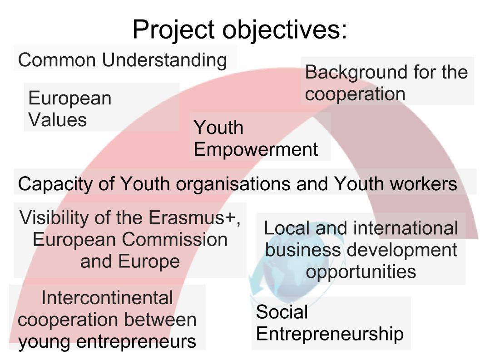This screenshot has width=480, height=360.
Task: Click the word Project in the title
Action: point(173,30)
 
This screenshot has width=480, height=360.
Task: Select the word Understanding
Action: point(164,60)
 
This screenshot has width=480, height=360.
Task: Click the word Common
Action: point(57,60)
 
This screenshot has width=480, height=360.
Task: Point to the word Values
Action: point(58,120)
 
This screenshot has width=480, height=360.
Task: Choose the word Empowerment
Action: point(256,150)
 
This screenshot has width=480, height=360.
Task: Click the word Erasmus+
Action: point(194,218)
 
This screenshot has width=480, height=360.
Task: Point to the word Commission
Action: point(174,240)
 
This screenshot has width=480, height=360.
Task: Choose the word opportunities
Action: point(361,272)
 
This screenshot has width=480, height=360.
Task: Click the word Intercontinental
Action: point(107,298)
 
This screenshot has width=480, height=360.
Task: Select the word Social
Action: point(282,312)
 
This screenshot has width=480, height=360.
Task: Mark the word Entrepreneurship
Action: point(330,334)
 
